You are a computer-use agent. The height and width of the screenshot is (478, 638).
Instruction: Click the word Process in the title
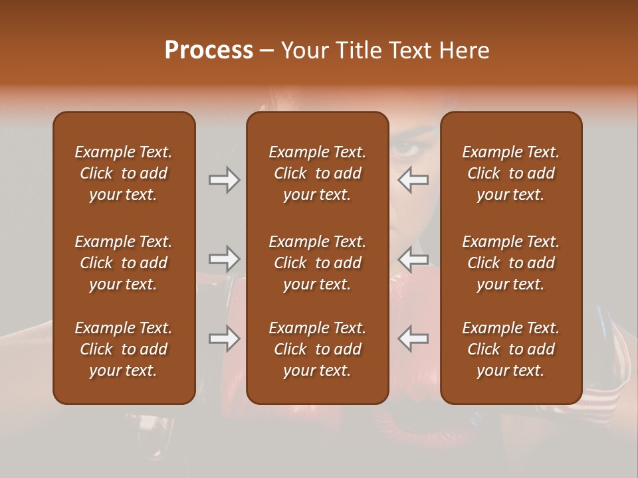209,50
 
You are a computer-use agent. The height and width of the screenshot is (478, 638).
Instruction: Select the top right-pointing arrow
224,180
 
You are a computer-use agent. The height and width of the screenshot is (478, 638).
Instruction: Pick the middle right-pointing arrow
224,259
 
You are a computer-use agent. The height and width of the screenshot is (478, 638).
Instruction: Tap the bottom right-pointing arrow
224,339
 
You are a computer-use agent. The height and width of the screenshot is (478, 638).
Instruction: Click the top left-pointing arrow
413,180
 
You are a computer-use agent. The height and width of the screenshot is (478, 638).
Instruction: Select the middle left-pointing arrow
413,259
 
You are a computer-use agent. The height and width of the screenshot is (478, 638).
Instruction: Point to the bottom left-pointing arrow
413,339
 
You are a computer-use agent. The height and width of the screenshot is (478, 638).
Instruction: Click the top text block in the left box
124,173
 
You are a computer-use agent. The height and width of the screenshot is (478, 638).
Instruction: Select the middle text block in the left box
124,263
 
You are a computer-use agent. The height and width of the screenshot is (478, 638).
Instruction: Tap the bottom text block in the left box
124,349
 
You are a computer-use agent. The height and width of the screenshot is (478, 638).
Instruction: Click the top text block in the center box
317,173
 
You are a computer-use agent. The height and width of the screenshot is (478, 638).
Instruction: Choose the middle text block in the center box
317,263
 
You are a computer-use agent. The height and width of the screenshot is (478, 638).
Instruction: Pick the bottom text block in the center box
317,349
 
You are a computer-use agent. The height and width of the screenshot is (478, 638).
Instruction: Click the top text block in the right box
510,173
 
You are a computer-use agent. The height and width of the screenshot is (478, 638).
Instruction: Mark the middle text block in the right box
510,263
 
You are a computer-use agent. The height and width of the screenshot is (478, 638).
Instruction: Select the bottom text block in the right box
510,349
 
